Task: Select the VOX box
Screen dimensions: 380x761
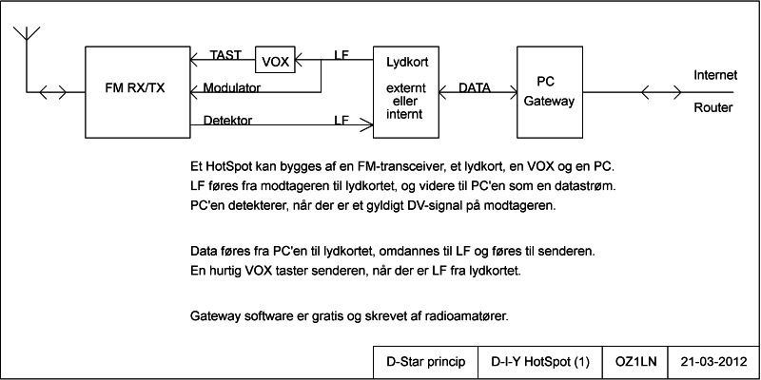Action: [276, 61]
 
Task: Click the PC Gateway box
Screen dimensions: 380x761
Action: [549, 90]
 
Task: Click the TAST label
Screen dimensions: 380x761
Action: [226, 55]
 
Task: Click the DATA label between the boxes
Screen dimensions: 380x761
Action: [475, 87]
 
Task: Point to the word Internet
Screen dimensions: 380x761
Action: [714, 75]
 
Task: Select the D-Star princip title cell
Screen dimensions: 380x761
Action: [424, 362]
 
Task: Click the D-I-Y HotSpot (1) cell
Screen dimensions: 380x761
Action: [540, 362]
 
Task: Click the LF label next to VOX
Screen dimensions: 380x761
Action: [341, 55]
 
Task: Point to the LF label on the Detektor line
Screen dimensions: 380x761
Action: [341, 121]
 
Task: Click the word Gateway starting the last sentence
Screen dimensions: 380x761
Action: [217, 315]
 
